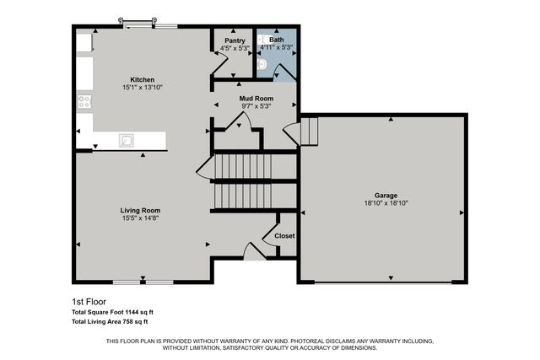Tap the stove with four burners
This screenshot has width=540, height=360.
[84, 101]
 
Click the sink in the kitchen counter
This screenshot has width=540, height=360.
[127, 141]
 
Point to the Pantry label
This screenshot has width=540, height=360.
[235, 40]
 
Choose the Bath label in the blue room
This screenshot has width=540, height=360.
[277, 40]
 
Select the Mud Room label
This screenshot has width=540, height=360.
[255, 99]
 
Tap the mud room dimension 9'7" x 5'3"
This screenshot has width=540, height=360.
[255, 106]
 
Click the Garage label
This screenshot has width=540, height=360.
[386, 196]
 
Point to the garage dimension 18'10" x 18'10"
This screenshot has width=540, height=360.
[386, 203]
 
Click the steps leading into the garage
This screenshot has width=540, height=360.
[309, 131]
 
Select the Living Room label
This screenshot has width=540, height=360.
[140, 211]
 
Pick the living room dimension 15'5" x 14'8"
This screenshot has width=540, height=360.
[140, 218]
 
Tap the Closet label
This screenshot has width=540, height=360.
[284, 236]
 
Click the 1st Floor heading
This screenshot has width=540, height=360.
[89, 301]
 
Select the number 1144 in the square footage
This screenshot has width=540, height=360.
[132, 312]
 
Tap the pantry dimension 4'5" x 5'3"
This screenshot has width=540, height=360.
[235, 47]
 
